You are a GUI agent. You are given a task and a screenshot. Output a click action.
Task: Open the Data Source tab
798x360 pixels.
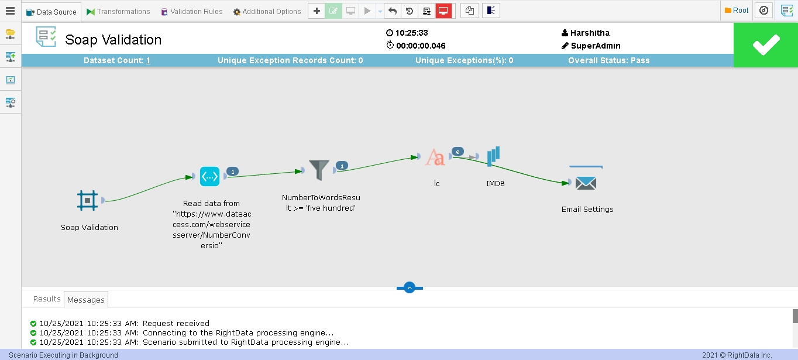(51, 12)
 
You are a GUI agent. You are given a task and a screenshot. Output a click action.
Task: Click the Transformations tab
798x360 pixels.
(118, 12)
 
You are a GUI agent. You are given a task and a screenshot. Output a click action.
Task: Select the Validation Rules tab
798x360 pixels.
(192, 12)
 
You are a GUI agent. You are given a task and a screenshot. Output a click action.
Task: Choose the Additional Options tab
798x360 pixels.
(267, 12)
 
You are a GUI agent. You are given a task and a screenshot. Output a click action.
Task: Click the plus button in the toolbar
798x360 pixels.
(317, 11)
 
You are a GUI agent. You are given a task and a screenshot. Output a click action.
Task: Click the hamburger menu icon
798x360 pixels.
(11, 11)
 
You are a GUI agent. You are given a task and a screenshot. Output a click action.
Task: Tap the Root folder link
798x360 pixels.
(737, 11)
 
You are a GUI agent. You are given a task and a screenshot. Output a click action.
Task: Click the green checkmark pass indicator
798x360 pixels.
(766, 45)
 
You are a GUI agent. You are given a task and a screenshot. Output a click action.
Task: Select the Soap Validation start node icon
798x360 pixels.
(87, 200)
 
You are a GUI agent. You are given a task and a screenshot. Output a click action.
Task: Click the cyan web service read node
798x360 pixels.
(209, 176)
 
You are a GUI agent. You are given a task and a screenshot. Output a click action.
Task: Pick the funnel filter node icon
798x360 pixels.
(319, 170)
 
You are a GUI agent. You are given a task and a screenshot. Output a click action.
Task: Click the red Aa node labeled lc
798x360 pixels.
(435, 157)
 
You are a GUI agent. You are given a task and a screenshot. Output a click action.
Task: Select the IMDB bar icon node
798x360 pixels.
(493, 156)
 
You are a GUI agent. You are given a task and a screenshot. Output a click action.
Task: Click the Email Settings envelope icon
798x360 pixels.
(586, 183)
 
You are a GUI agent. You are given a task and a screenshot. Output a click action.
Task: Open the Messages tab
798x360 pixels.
(86, 300)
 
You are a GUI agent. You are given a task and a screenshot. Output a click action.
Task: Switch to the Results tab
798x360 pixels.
(47, 299)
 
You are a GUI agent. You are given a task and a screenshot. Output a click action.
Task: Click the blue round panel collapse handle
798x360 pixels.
(410, 287)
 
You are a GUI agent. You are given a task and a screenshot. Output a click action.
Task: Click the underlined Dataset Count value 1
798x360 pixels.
(148, 61)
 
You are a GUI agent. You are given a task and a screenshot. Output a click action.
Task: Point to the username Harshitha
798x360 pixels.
(590, 33)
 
